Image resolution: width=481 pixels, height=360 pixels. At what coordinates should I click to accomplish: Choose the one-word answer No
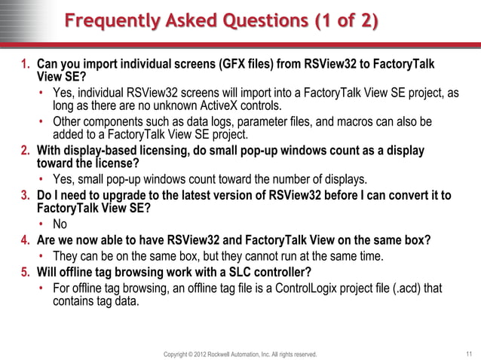60,224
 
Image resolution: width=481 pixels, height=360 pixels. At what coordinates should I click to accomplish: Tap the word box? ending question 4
415,241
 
